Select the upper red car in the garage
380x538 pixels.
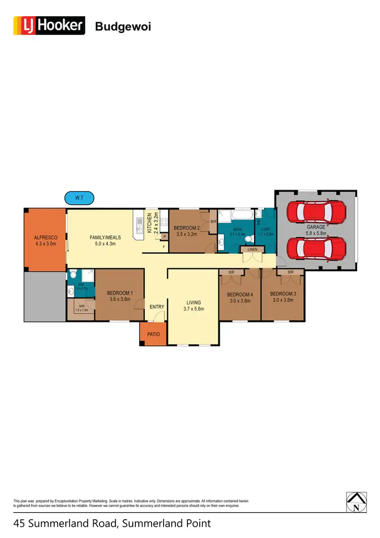(x=316, y=212)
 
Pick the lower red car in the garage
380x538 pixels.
(x=316, y=248)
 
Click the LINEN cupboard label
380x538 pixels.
(x=252, y=249)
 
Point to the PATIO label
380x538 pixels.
(x=153, y=335)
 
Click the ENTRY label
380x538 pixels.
(x=157, y=306)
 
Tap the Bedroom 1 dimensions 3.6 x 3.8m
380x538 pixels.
(x=120, y=299)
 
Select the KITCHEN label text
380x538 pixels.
(x=149, y=222)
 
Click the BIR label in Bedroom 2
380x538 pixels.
(x=213, y=222)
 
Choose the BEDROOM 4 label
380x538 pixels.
(x=240, y=295)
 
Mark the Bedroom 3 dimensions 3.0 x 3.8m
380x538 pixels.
(x=283, y=300)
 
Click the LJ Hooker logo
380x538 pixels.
(x=49, y=25)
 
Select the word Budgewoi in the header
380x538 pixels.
(x=123, y=26)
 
